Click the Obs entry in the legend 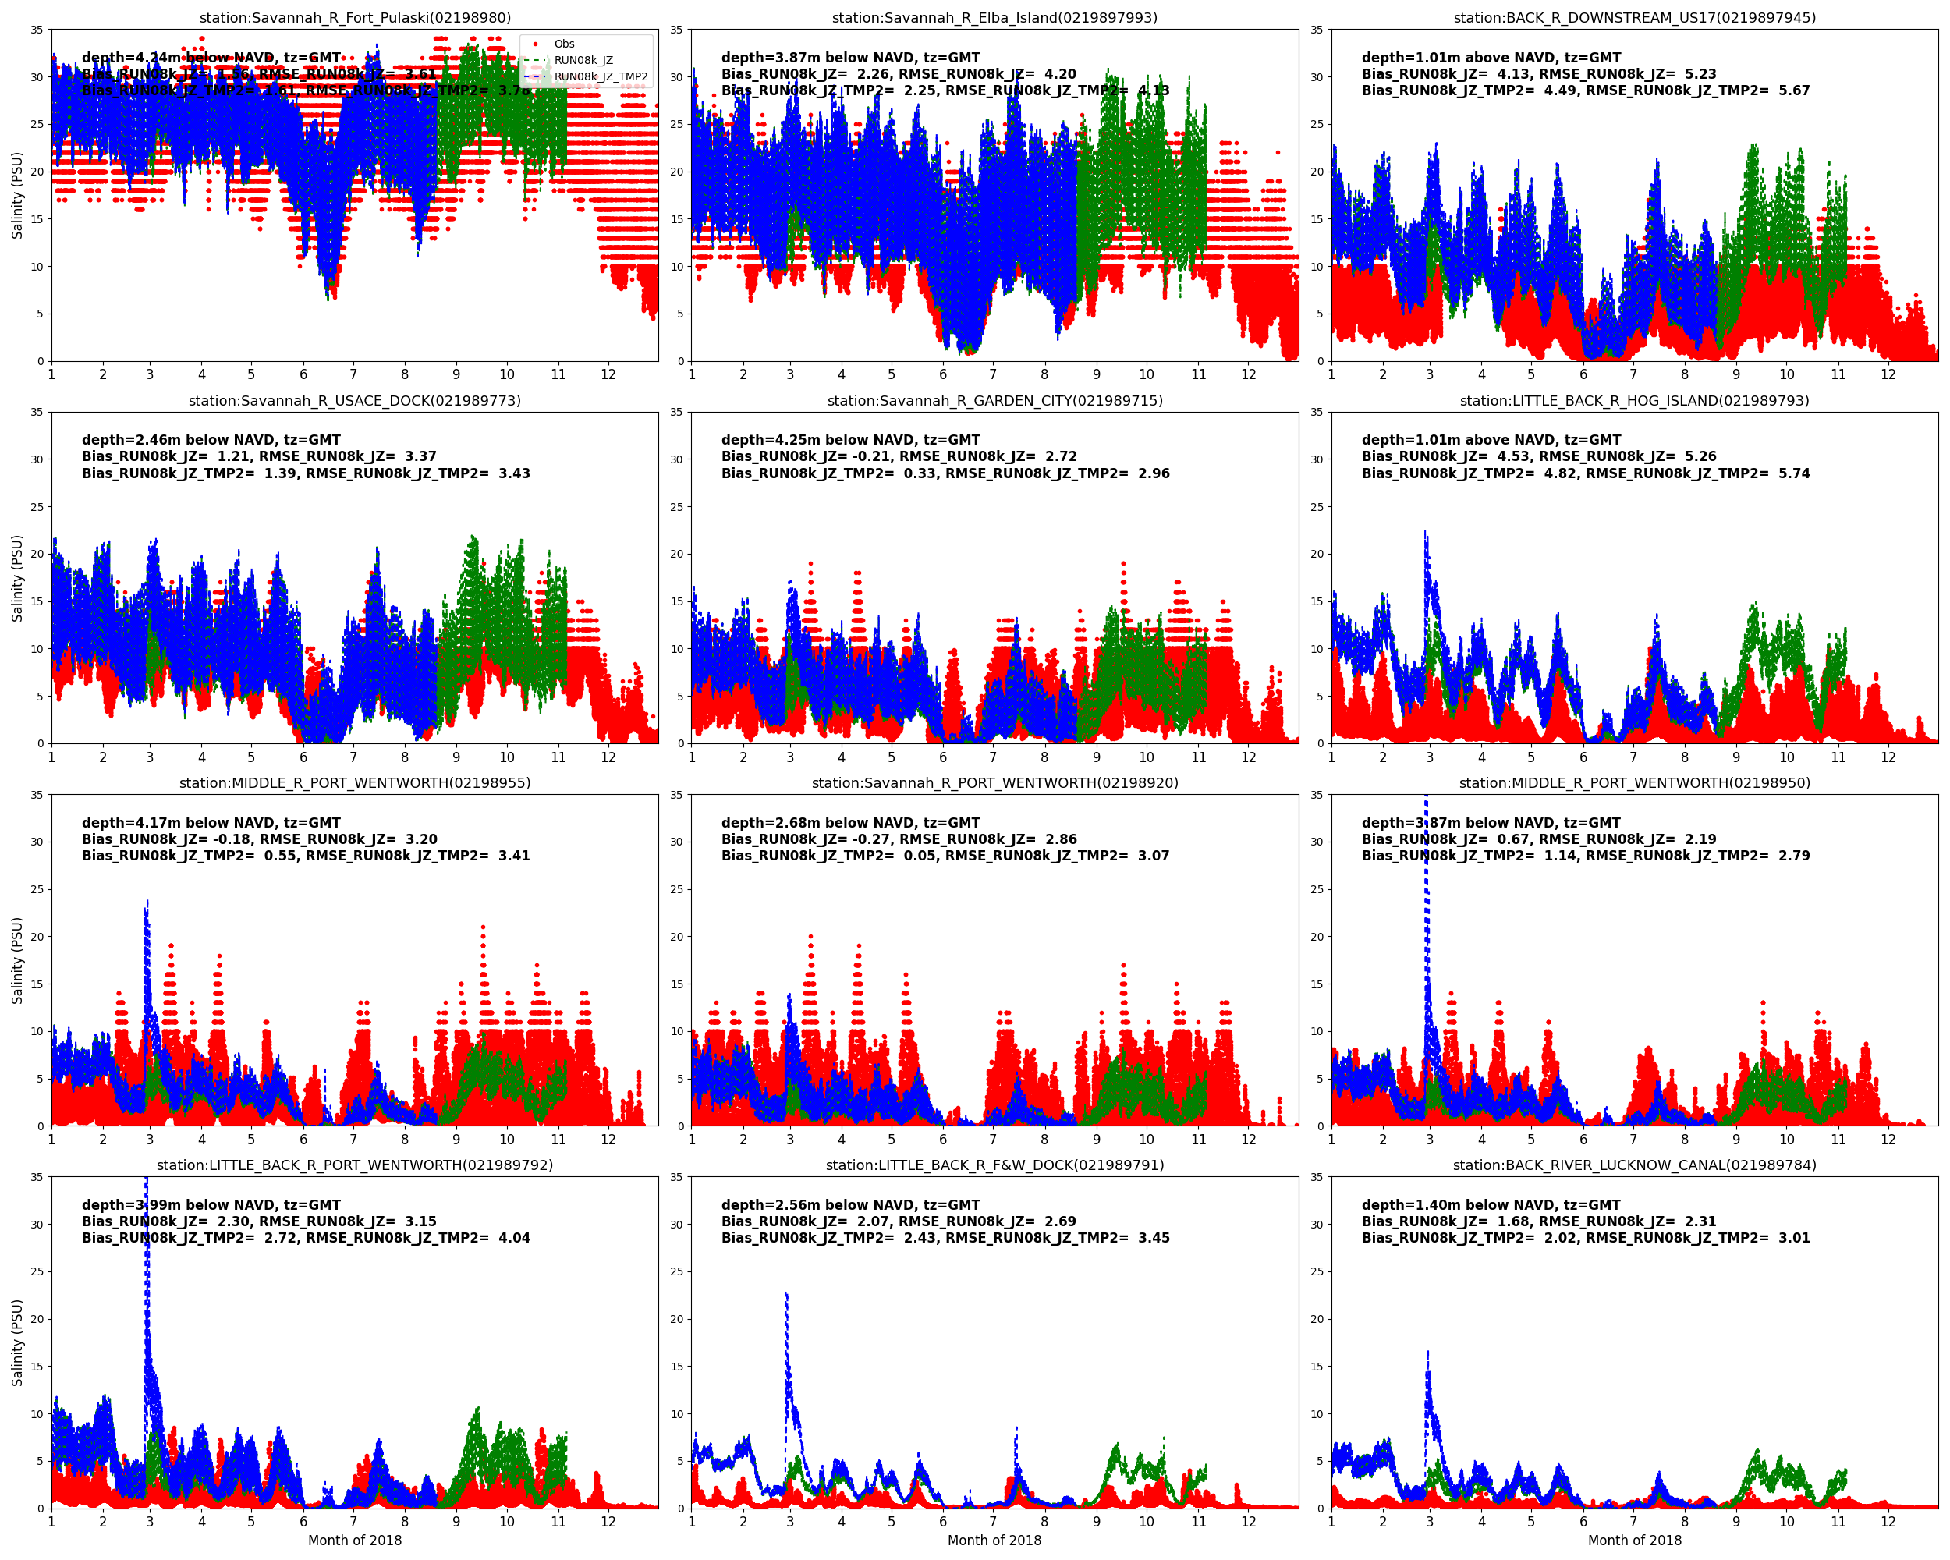click(x=563, y=44)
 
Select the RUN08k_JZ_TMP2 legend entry click(x=600, y=77)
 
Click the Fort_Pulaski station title click(x=355, y=17)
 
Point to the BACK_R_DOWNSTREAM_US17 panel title click(x=1634, y=17)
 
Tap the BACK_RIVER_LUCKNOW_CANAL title click(x=1634, y=1165)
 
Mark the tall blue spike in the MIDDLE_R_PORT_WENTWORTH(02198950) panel click(x=1427, y=814)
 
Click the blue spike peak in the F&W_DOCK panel click(x=786, y=1295)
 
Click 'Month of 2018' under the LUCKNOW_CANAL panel click(x=1634, y=1540)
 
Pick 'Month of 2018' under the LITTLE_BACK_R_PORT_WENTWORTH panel click(x=355, y=1540)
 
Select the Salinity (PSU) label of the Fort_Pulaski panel click(x=16, y=195)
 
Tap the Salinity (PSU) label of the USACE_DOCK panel click(x=16, y=578)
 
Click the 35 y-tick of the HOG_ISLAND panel click(x=1317, y=413)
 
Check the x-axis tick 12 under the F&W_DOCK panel click(x=1248, y=1522)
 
